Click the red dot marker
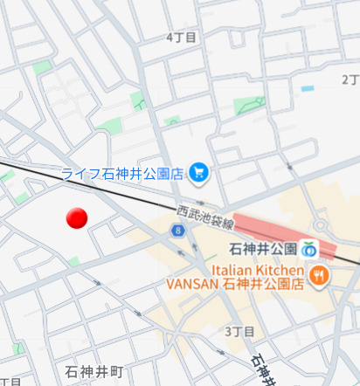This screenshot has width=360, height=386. coord(77,218)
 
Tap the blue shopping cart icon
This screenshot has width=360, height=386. coord(199,173)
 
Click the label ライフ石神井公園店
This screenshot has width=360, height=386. coord(122,173)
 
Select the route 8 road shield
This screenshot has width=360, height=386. coord(178,231)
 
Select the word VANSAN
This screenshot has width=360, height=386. coord(193,284)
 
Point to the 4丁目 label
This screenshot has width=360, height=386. coord(181,38)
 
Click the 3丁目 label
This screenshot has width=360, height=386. coord(239,332)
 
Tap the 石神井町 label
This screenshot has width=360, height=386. coord(94,371)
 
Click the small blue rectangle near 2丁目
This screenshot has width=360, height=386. coord(307,88)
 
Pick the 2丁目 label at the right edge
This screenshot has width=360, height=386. coord(350,79)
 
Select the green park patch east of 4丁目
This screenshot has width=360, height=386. coord(249,106)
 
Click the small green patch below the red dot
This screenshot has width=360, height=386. coord(74,261)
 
